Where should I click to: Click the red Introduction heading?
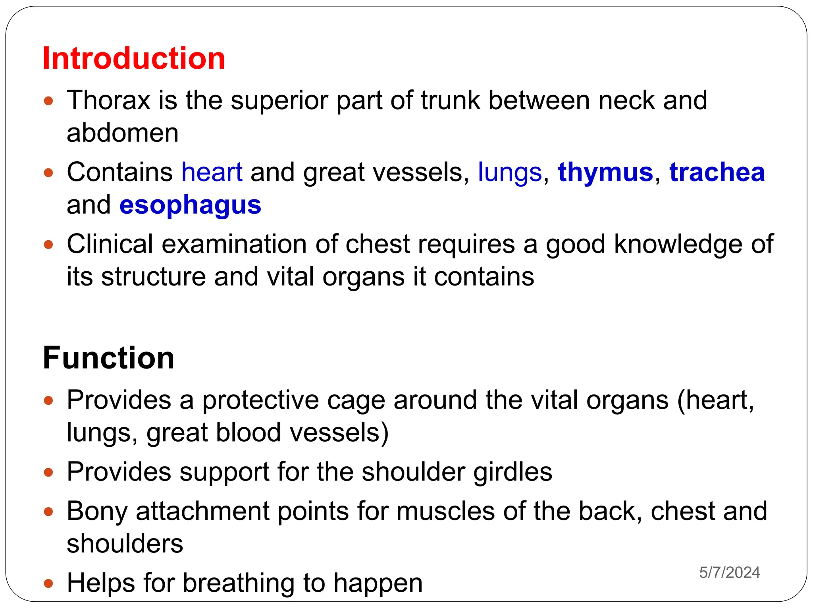click(x=134, y=58)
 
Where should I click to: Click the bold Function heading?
click(x=108, y=358)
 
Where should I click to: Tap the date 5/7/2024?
click(x=730, y=572)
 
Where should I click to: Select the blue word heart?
click(x=212, y=172)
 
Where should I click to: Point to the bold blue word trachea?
click(x=717, y=172)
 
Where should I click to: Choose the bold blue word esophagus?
click(x=190, y=205)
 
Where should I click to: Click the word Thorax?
click(x=108, y=100)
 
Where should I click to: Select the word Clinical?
click(x=110, y=244)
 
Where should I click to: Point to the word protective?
click(x=260, y=400)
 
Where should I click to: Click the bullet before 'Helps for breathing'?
click(x=48, y=584)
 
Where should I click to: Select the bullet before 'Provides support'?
click(x=48, y=472)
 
